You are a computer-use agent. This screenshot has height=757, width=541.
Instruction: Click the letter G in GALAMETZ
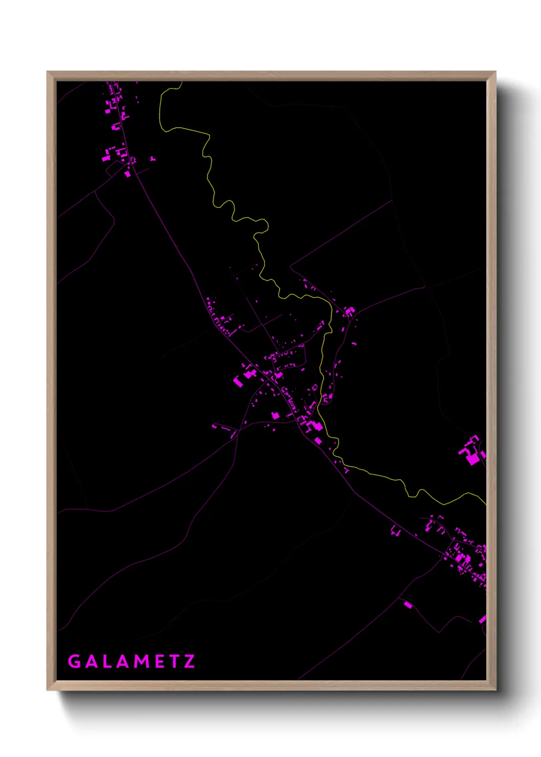pyautogui.click(x=75, y=661)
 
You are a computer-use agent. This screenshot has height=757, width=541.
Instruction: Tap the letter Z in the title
pyautogui.click(x=189, y=661)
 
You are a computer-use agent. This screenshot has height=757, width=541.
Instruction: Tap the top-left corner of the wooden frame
pyautogui.click(x=48, y=73)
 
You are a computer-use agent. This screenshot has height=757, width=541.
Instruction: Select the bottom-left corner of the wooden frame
pyautogui.click(x=48, y=689)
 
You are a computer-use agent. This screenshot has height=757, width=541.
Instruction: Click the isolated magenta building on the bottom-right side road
pyautogui.click(x=408, y=605)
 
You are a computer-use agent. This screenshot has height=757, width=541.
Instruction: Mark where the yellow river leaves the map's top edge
pyautogui.click(x=182, y=82)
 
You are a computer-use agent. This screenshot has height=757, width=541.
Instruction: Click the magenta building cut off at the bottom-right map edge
pyautogui.click(x=482, y=619)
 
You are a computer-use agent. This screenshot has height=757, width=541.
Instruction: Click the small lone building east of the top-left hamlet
pyautogui.click(x=152, y=159)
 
